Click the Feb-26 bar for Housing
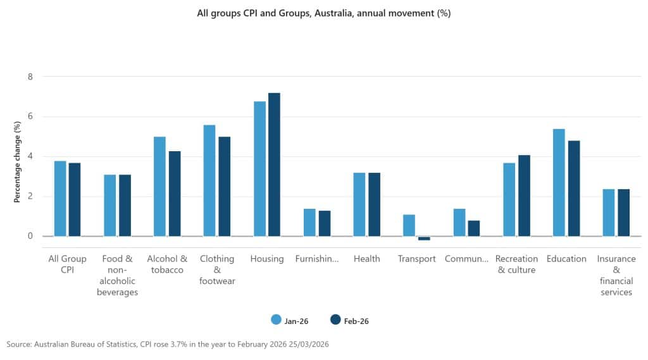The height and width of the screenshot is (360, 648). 274,164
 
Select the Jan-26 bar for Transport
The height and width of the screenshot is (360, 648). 409,225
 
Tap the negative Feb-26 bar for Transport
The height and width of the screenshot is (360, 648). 424,239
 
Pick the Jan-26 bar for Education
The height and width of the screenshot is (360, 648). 559,182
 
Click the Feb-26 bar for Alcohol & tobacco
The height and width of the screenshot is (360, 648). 174,194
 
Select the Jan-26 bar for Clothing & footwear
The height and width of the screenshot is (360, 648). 209,180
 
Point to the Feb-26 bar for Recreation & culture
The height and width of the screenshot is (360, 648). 524,196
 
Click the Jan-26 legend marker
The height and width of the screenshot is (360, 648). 276,320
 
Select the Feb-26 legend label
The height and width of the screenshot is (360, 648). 356,321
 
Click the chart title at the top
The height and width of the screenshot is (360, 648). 324,13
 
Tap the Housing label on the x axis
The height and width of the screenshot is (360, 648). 267,259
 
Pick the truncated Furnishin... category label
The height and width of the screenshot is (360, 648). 317,259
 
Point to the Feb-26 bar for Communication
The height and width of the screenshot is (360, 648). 474,228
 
